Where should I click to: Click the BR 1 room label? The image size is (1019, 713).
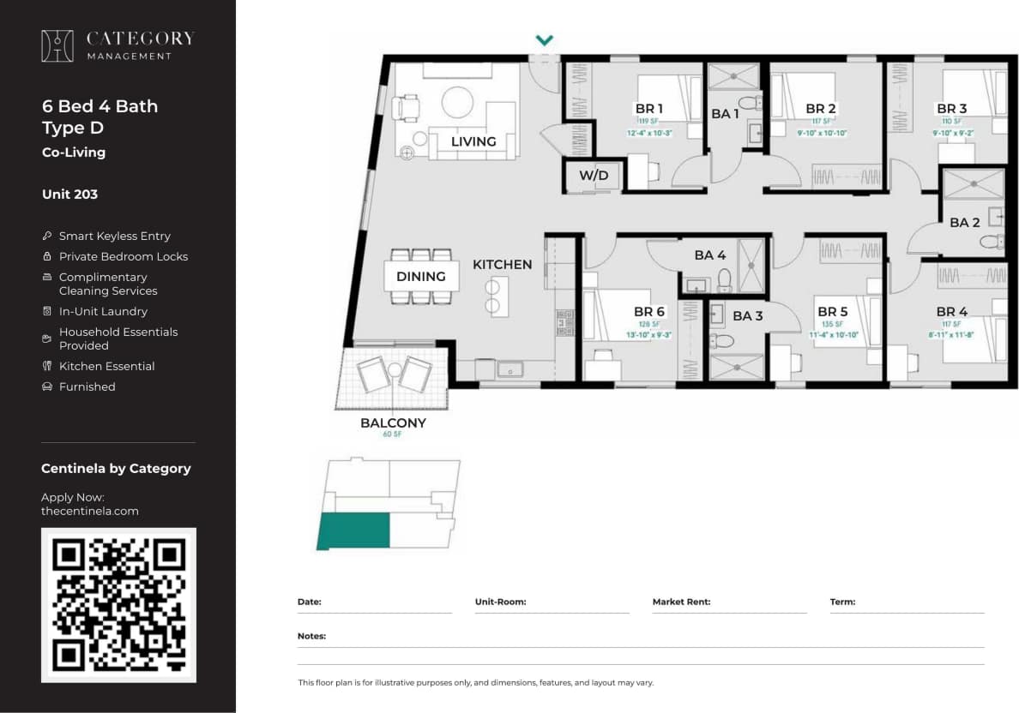click(x=648, y=109)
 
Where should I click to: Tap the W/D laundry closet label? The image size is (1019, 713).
click(x=593, y=176)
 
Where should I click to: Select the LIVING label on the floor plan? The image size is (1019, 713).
click(x=473, y=141)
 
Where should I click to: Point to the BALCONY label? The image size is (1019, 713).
click(x=393, y=422)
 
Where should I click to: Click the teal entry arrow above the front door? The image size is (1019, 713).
click(x=544, y=40)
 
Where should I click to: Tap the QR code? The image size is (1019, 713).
click(x=118, y=604)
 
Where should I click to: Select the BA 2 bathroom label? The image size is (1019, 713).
click(x=964, y=223)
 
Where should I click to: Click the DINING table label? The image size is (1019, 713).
click(x=420, y=276)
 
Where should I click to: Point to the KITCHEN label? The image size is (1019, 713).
click(x=502, y=264)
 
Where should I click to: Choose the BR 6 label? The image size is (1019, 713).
click(x=648, y=312)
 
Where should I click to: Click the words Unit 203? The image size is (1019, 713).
click(x=69, y=195)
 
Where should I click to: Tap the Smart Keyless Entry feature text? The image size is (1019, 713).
click(x=114, y=236)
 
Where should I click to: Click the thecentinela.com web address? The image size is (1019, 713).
click(x=89, y=511)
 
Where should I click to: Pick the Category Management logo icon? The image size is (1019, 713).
click(x=57, y=46)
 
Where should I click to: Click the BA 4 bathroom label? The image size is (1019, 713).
click(x=709, y=255)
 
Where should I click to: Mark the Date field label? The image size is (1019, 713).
click(x=309, y=602)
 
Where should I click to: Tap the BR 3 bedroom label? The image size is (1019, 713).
click(x=951, y=109)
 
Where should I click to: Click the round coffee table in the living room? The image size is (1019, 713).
click(x=457, y=103)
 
